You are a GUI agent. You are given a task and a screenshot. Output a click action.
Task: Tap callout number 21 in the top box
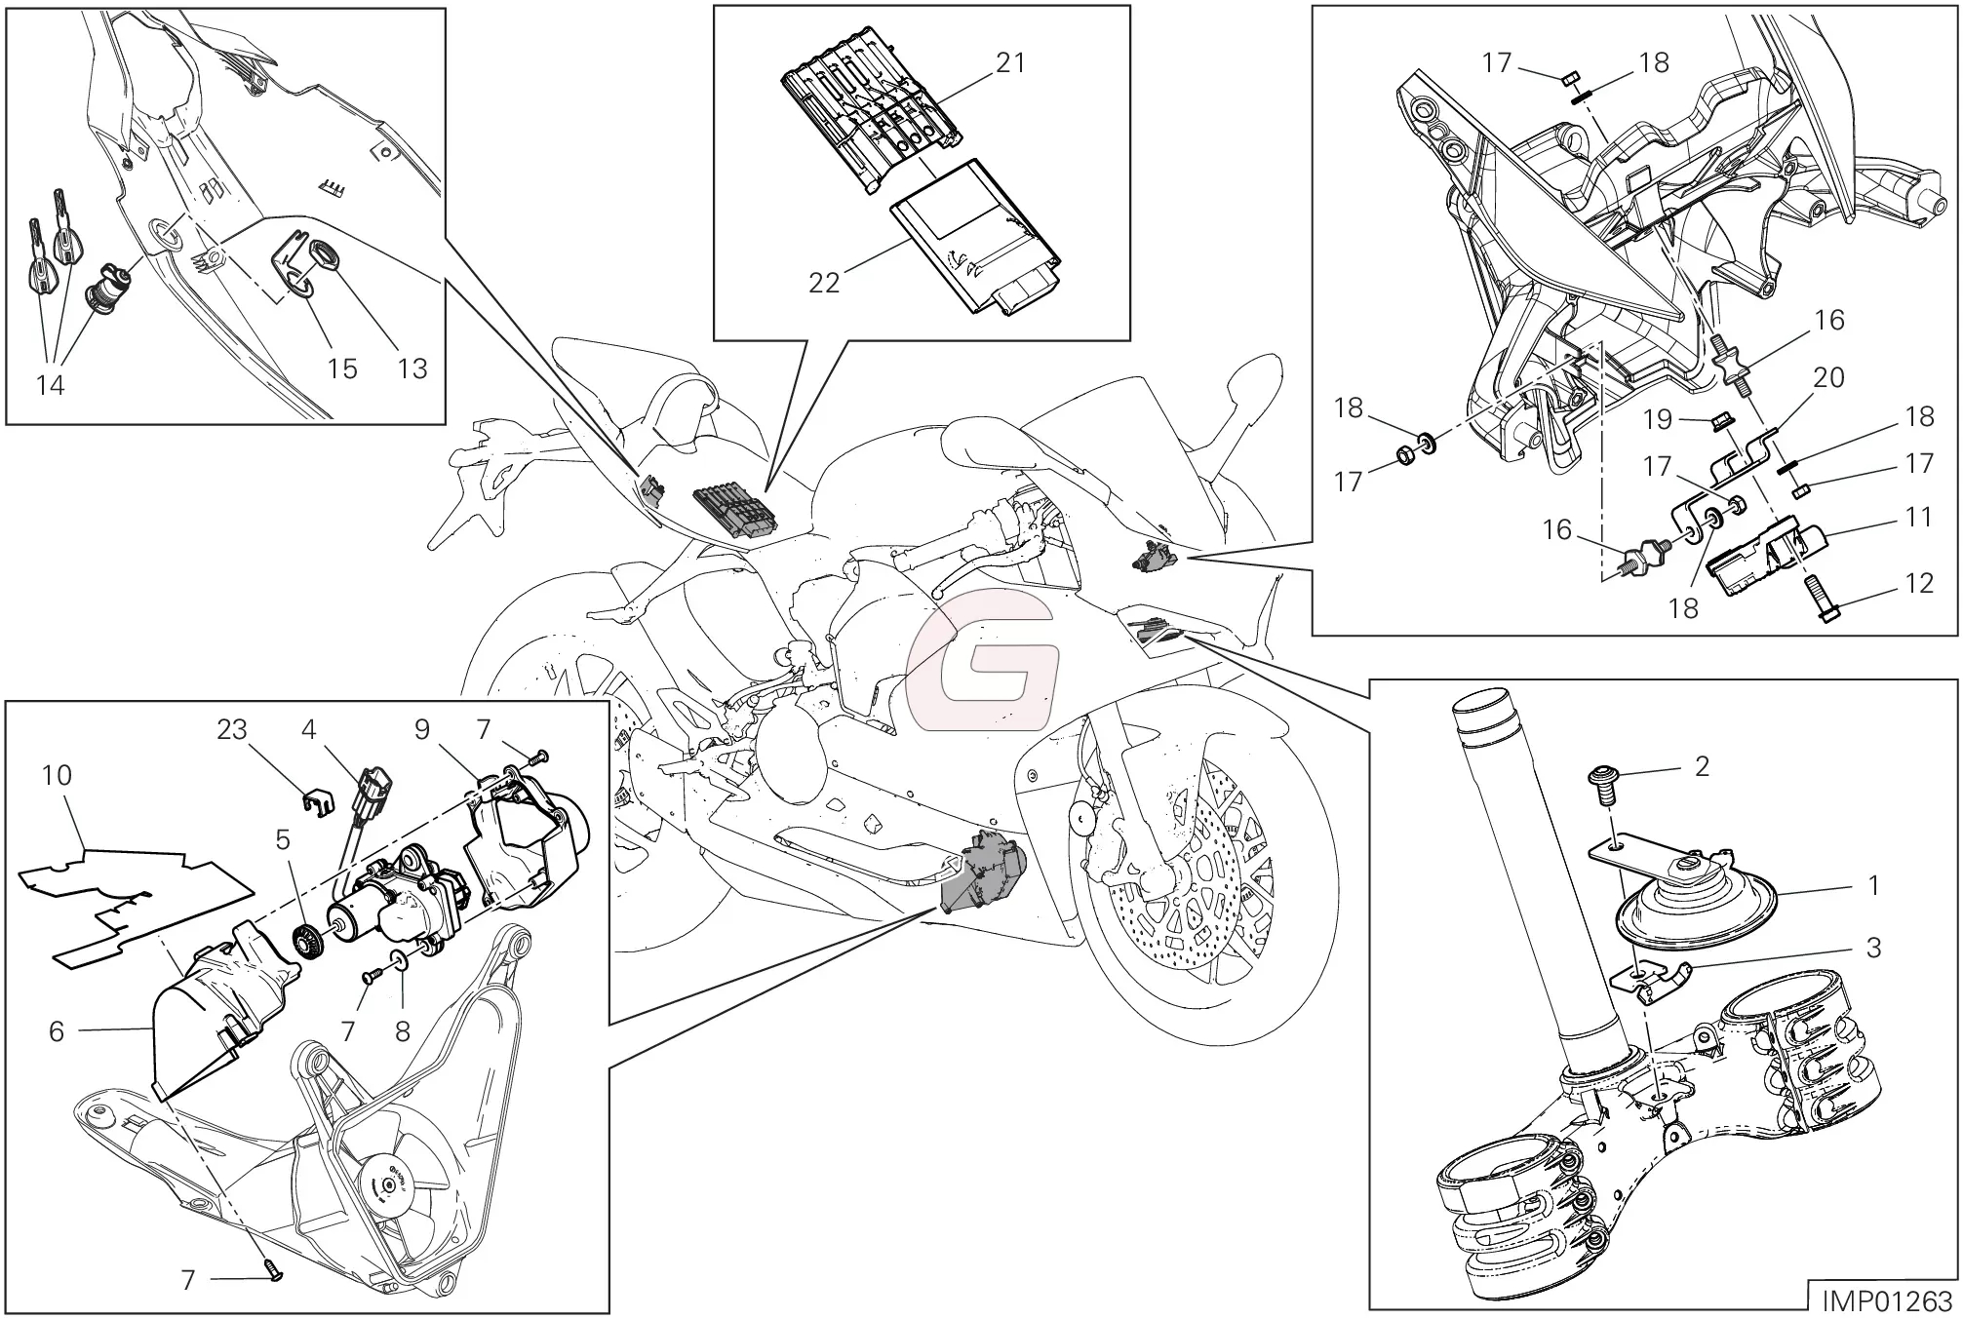[x=1010, y=63]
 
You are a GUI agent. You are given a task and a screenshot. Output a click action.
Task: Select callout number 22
[x=824, y=284]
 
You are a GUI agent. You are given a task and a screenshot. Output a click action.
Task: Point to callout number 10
[x=57, y=776]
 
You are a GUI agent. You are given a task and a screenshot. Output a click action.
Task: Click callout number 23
[x=232, y=730]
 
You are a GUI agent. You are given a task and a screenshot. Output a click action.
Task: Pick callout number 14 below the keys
[x=50, y=386]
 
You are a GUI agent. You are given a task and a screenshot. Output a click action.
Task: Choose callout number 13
[x=412, y=369]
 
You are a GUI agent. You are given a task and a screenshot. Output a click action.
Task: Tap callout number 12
[x=1919, y=584]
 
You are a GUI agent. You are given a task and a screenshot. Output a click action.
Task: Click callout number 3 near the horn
[x=1872, y=949]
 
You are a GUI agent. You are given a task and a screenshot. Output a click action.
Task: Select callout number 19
[x=1658, y=420]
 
